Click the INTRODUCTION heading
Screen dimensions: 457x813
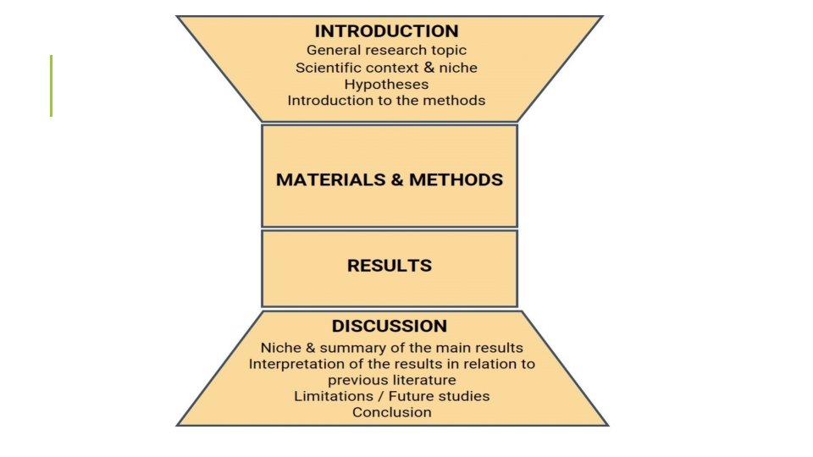click(x=386, y=31)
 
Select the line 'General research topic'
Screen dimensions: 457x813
click(x=386, y=51)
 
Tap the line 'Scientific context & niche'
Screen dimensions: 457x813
click(x=386, y=68)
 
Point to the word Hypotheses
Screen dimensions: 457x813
click(x=386, y=84)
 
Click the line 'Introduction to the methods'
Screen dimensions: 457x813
click(x=386, y=100)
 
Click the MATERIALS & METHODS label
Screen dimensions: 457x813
click(x=390, y=179)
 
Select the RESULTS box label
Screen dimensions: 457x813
click(x=390, y=266)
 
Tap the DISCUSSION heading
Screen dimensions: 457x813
click(x=390, y=326)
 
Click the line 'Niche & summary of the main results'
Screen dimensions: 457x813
click(x=391, y=348)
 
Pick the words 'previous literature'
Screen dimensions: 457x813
click(x=391, y=380)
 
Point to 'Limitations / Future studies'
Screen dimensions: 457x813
click(x=391, y=396)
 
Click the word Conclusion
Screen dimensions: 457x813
click(x=391, y=412)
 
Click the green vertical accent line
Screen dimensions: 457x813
click(x=51, y=85)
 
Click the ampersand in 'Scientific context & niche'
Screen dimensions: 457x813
click(x=429, y=68)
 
